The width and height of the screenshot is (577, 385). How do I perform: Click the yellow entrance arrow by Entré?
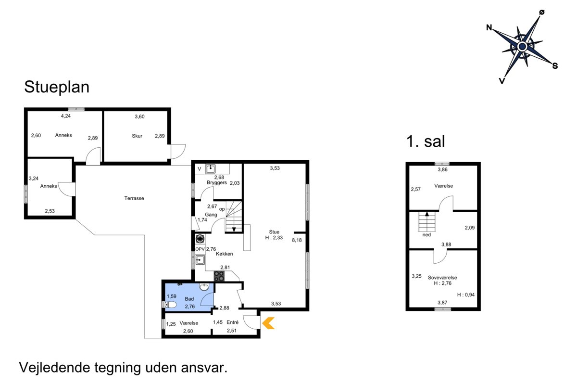pos(268,323)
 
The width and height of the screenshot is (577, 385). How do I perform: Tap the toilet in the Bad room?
pos(170,305)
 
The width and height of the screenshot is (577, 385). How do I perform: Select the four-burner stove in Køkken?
pos(219,276)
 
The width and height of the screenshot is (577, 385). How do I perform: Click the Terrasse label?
pos(134,198)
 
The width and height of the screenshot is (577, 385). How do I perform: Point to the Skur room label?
pos(137,136)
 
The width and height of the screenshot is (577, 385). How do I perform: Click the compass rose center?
pos(522,47)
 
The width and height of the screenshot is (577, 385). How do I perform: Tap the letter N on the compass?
pos(489,27)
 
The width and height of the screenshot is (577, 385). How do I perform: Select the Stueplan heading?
pos(57,87)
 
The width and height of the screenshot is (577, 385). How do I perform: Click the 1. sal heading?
pos(426,141)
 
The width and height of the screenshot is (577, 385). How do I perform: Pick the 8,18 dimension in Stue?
pos(297,240)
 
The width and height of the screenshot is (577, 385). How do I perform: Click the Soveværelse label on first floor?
pos(442,278)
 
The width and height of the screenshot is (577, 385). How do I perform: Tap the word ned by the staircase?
pos(426,235)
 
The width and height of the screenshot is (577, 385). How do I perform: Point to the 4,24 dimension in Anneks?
pos(66,116)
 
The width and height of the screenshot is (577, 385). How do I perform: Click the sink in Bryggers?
pos(211,169)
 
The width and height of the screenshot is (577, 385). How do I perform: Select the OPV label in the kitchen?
pos(200,249)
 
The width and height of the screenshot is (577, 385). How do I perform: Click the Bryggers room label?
pos(217,182)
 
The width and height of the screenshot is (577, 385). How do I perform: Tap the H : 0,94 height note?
pos(466,295)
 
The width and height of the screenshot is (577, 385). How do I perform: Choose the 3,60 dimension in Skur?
pos(139,116)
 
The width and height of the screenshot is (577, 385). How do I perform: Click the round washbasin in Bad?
pos(204,287)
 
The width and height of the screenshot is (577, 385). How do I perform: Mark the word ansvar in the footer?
pos(204,368)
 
